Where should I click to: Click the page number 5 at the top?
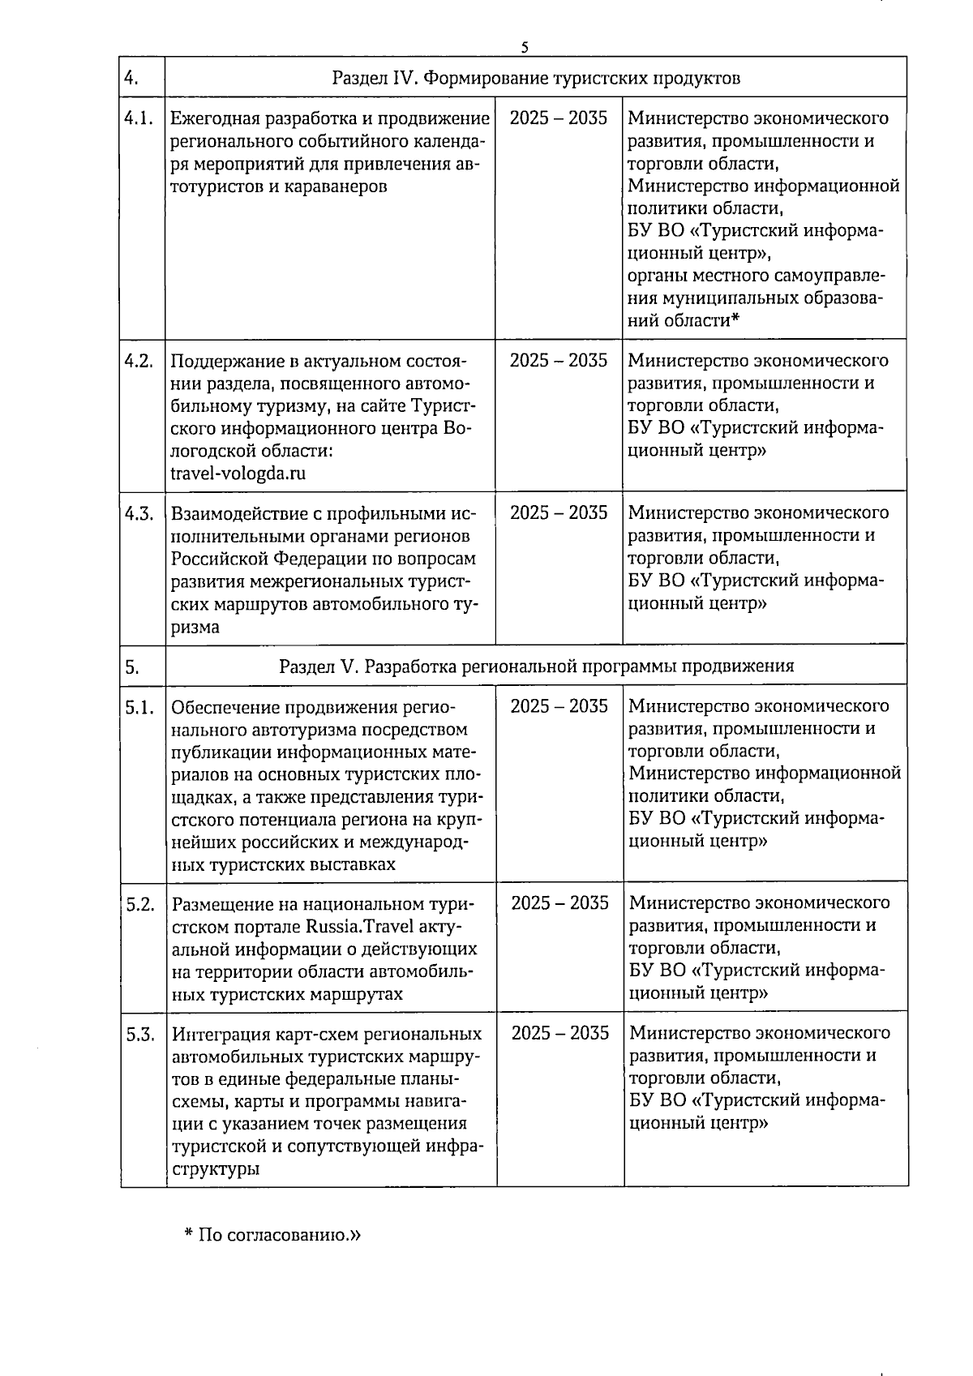point(525,47)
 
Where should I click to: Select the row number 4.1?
point(139,118)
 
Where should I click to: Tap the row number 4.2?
point(139,361)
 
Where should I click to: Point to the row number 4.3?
point(139,513)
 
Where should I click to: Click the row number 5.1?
point(139,707)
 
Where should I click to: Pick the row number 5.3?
point(140,1034)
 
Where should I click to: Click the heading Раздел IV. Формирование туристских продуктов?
point(536,79)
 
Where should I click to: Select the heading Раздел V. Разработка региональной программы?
point(536,667)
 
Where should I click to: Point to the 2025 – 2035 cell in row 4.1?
point(559,118)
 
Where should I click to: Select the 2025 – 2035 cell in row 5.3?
point(560,1033)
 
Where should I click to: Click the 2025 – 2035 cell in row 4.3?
point(559,513)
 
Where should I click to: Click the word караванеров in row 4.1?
point(332,186)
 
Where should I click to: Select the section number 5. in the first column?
point(132,667)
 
